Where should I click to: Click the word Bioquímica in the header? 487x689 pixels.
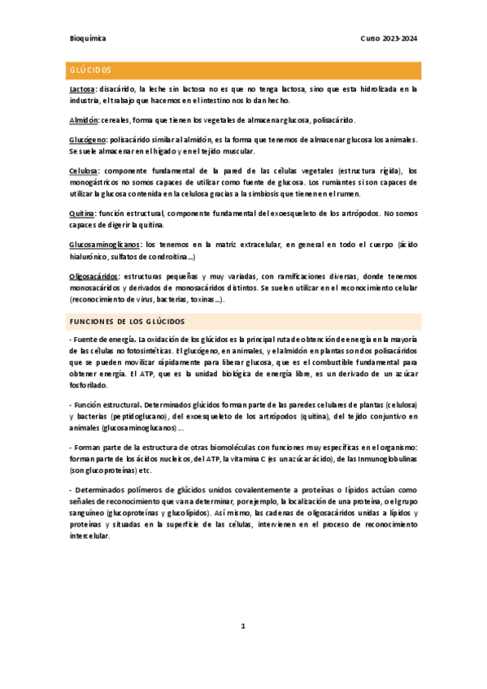(88, 38)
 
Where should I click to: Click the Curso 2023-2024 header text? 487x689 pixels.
(389, 38)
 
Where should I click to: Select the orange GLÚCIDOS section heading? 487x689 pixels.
(90, 71)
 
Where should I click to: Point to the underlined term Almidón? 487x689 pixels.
(84, 119)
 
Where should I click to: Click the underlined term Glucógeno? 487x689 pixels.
(87, 140)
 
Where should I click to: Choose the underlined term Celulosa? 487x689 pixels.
(85, 171)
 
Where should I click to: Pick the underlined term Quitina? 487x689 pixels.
(81, 213)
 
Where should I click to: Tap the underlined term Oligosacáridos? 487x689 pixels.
(93, 276)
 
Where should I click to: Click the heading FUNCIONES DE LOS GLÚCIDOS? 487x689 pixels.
(128, 321)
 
